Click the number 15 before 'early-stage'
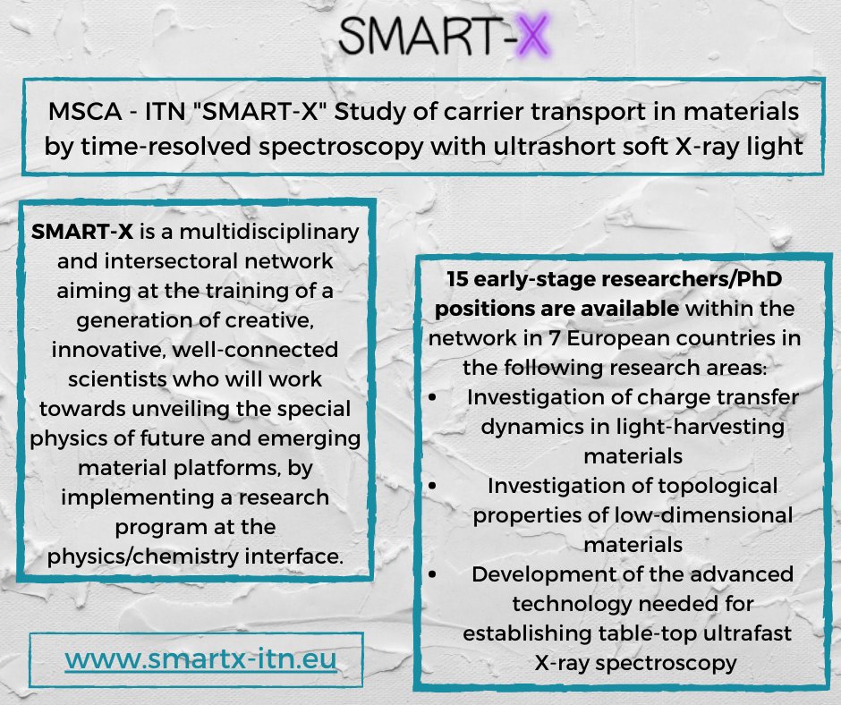point(459,278)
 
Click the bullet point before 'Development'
point(433,572)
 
